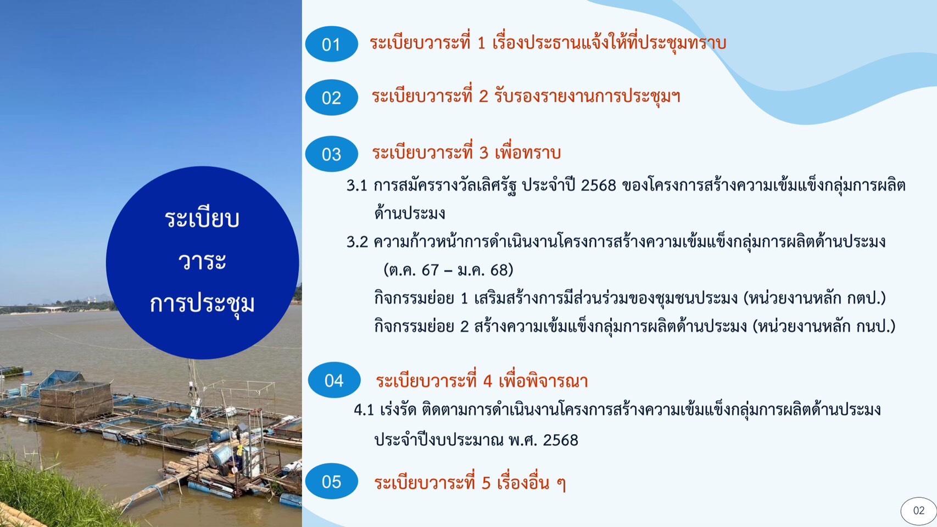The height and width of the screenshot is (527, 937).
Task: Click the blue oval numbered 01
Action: tap(331, 44)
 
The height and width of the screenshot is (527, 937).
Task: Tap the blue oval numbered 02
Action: tap(331, 97)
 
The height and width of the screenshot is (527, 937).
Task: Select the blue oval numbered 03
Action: tap(331, 154)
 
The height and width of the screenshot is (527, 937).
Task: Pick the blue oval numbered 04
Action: tap(334, 380)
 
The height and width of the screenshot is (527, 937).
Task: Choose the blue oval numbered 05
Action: tap(331, 481)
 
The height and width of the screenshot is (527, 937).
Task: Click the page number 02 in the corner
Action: tap(918, 511)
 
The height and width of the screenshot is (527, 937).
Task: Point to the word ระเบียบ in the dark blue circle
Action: tap(202, 218)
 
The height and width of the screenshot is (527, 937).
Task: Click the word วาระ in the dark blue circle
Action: tap(202, 261)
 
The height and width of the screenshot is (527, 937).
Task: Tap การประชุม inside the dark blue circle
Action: tap(202, 305)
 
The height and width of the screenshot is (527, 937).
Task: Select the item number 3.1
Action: tap(357, 186)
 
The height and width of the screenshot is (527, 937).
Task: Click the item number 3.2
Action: tap(357, 242)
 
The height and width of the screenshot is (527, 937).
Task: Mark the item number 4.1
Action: tap(364, 410)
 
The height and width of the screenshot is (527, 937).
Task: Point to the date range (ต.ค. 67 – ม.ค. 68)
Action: tap(448, 270)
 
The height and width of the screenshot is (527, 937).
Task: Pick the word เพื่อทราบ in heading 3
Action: tap(527, 153)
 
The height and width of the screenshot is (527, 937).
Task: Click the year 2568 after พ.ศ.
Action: tap(561, 440)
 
